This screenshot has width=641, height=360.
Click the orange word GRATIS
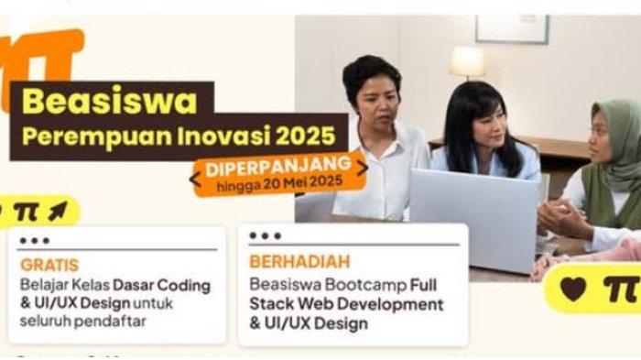(x=43, y=265)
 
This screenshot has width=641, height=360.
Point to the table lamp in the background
(x=467, y=63)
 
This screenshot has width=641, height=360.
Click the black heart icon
(x=573, y=288)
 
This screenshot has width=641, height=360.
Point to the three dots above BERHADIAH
(x=266, y=236)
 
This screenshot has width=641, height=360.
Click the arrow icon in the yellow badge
(x=56, y=211)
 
